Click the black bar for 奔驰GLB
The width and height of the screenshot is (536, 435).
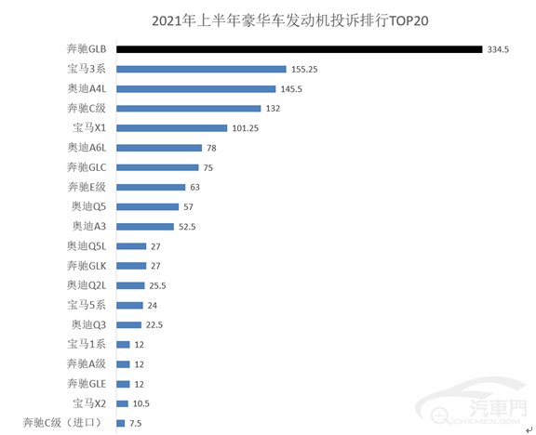(299, 49)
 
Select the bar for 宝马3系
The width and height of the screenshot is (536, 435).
(201, 69)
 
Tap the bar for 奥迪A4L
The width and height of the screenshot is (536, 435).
(196, 88)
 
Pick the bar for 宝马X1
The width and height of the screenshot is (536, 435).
(172, 127)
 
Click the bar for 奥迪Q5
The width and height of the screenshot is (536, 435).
(148, 206)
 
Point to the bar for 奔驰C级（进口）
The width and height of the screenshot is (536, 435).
(121, 423)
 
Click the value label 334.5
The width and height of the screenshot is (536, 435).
(499, 49)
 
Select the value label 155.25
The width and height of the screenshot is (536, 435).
(306, 69)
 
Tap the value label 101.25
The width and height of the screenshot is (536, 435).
(248, 128)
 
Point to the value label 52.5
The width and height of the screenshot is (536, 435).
(189, 227)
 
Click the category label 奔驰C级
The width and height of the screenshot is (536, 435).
(87, 108)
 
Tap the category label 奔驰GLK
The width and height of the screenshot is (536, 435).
(87, 266)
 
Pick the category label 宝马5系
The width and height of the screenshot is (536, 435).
(87, 305)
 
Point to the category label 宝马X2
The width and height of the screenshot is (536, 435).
(91, 403)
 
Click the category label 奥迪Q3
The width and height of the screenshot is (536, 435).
(90, 324)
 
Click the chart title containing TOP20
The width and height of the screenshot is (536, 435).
(268, 20)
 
